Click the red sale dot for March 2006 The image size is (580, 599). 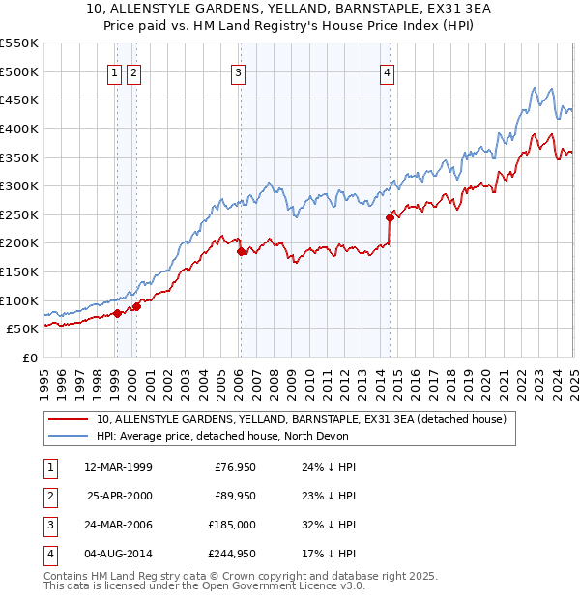[x=242, y=252]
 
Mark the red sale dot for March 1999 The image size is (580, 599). [x=117, y=313]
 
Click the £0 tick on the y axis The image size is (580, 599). [x=29, y=357]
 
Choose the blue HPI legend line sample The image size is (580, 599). [x=70, y=436]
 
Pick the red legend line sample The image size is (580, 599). [x=70, y=419]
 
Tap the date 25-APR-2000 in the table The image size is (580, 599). [x=120, y=496]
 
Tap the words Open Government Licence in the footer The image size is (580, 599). [x=274, y=585]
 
